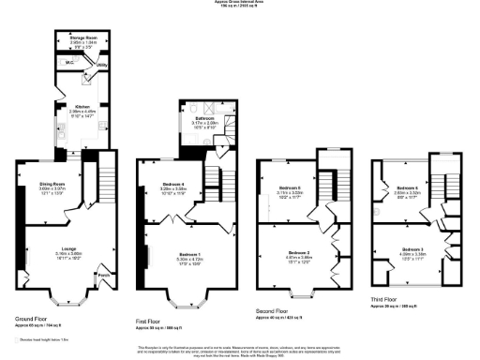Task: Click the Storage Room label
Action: point(83,38)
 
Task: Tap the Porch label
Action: point(102,275)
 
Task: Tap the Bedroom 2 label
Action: point(298,253)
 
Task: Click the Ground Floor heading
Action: point(32,319)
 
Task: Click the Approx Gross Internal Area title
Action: point(240,4)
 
